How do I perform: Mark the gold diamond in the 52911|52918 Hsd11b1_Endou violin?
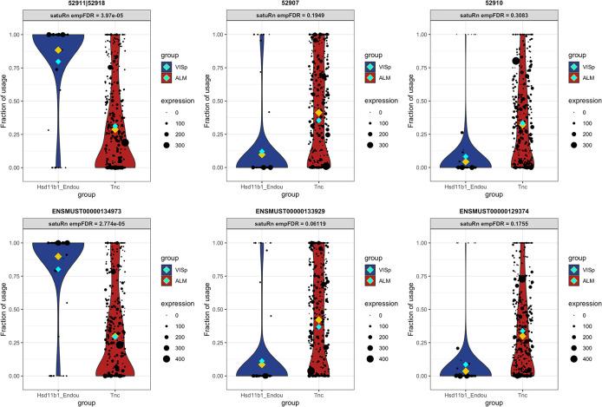58,51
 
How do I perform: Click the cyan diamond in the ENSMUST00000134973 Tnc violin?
115,336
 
